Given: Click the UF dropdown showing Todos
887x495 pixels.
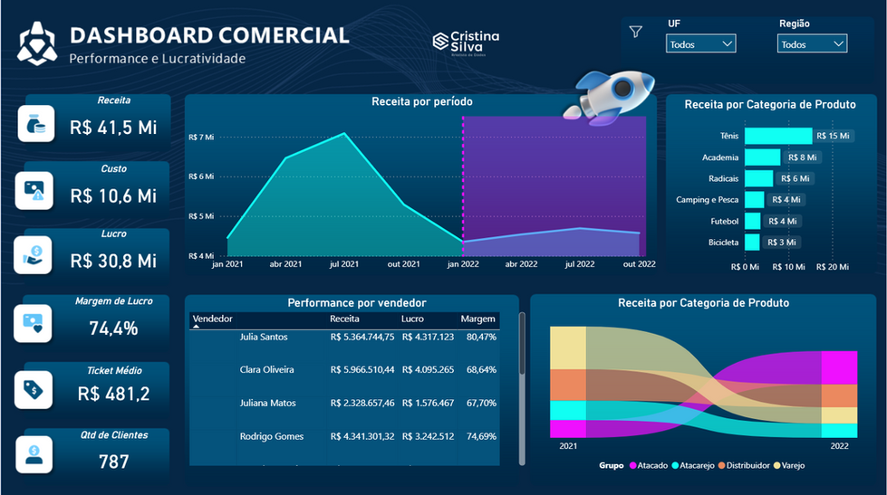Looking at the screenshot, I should tap(701, 43).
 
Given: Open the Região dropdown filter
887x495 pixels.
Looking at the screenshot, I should tap(812, 43).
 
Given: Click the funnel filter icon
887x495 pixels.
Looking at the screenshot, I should tap(636, 33).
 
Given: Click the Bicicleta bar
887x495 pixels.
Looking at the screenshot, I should tap(753, 242).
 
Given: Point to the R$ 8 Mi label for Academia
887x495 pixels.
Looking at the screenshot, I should tap(802, 157).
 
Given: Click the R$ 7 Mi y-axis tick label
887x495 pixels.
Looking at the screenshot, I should tap(201, 138).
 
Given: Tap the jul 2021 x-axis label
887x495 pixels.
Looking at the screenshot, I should tap(344, 264).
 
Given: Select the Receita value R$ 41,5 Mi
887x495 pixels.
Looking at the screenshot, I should tap(113, 128).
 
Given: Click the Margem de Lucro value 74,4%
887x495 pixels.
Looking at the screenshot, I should tap(113, 328).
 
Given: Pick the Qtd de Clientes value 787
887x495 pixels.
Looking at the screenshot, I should tap(113, 462).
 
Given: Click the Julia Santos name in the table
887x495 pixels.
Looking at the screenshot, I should tap(264, 337).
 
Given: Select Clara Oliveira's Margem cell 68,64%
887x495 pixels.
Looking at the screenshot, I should tap(481, 369).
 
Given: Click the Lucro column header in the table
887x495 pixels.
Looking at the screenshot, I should tap(412, 319).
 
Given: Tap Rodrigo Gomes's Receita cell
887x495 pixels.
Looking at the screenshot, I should tap(362, 436).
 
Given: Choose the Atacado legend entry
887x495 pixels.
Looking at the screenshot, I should tap(649, 466).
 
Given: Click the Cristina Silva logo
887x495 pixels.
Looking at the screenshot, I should tap(466, 41).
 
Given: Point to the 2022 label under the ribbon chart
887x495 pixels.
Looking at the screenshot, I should tap(838, 446).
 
